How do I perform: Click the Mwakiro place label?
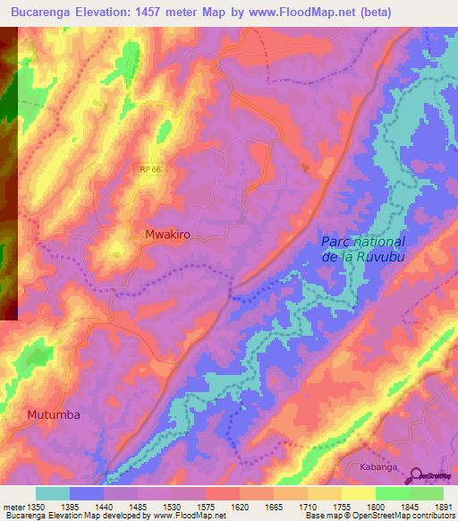tap(167, 234)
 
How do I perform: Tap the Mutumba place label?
tap(54, 414)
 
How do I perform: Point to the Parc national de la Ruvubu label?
tap(363, 250)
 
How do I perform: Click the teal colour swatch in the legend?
tap(53, 493)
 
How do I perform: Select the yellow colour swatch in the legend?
tap(358, 493)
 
